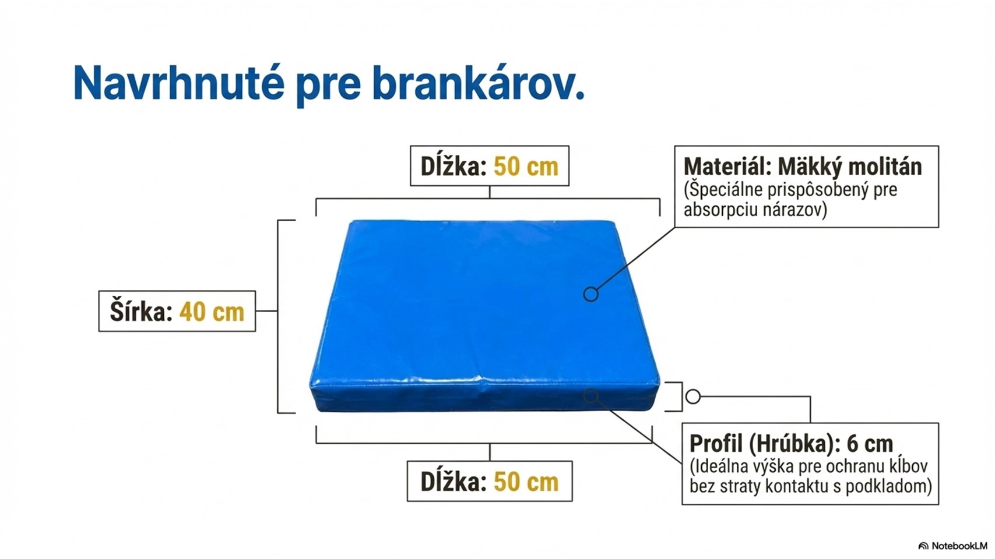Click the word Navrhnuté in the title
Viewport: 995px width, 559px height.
178,83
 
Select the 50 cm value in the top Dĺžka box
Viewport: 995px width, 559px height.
526,167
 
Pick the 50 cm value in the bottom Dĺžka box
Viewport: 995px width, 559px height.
526,482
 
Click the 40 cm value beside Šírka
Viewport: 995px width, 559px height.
212,312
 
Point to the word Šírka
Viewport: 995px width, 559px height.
141,310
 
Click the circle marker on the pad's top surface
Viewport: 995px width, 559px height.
591,294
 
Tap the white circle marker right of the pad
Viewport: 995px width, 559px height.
693,397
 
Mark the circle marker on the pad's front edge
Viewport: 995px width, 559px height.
591,396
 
